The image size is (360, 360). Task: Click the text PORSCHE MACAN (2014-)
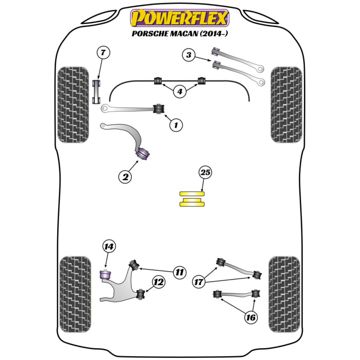(180, 34)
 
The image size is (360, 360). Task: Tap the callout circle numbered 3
(189, 55)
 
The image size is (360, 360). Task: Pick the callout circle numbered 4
(179, 92)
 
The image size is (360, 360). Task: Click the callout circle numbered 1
(176, 125)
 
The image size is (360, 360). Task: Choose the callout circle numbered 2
(125, 176)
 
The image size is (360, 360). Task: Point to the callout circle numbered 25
(205, 173)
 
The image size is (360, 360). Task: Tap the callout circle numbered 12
(158, 283)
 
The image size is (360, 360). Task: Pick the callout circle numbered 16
(251, 317)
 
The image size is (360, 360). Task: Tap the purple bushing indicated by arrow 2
(143, 154)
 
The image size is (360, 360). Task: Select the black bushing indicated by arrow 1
(159, 108)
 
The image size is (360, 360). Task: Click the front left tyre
(73, 104)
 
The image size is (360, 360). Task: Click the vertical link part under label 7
(96, 92)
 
